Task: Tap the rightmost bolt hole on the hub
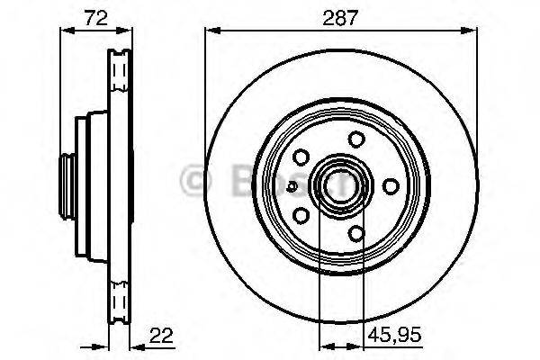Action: [x=390, y=185]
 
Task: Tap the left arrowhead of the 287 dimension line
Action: [x=211, y=31]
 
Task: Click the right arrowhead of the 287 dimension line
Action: [x=471, y=31]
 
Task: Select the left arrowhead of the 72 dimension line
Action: [x=65, y=31]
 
